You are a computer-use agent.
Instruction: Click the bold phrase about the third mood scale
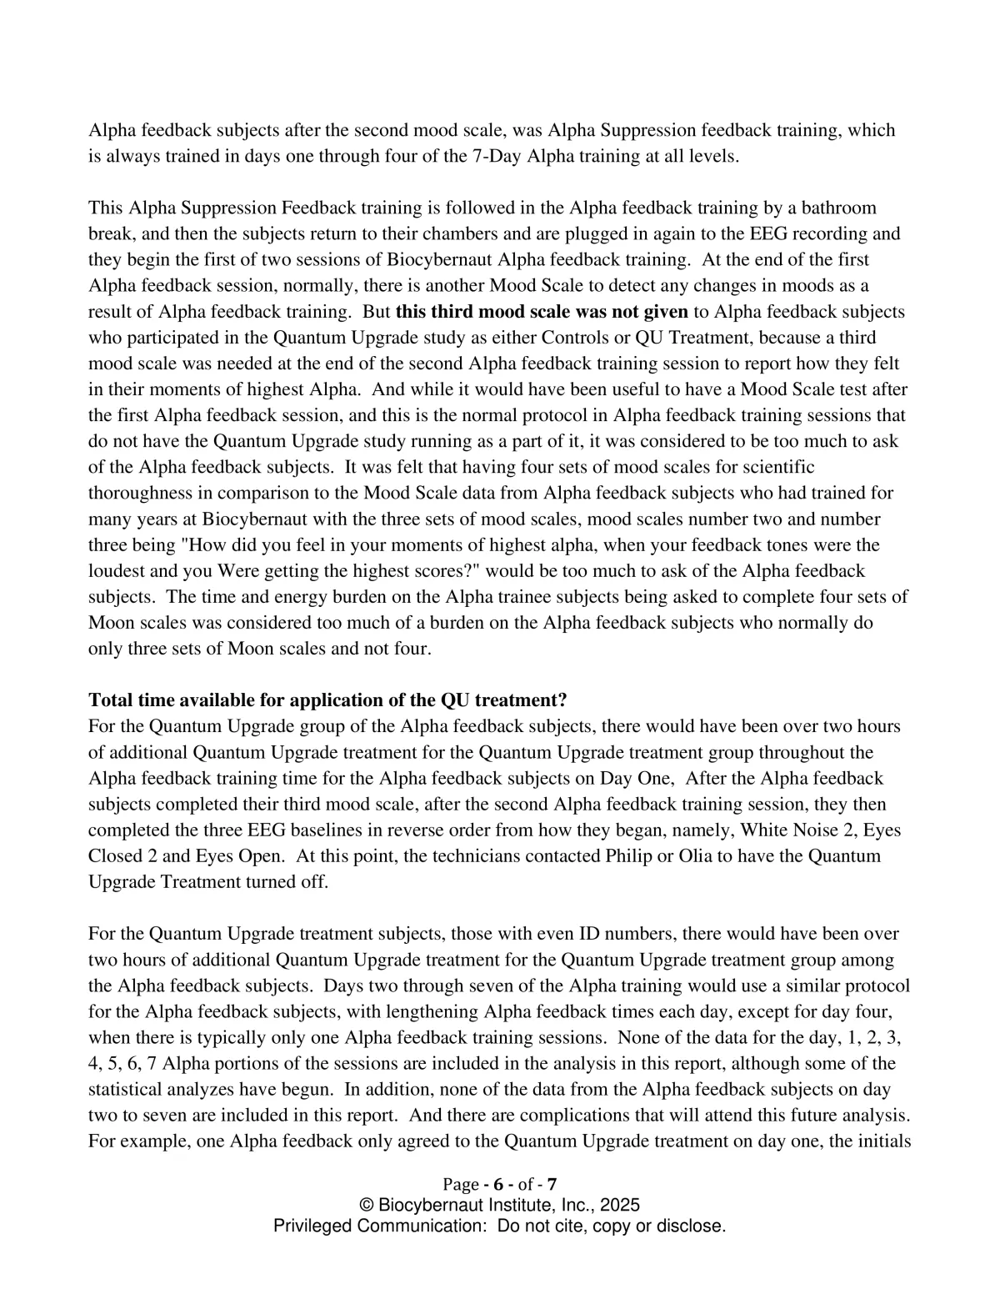[x=542, y=312]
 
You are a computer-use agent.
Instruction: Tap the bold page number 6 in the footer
[x=499, y=1185]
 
